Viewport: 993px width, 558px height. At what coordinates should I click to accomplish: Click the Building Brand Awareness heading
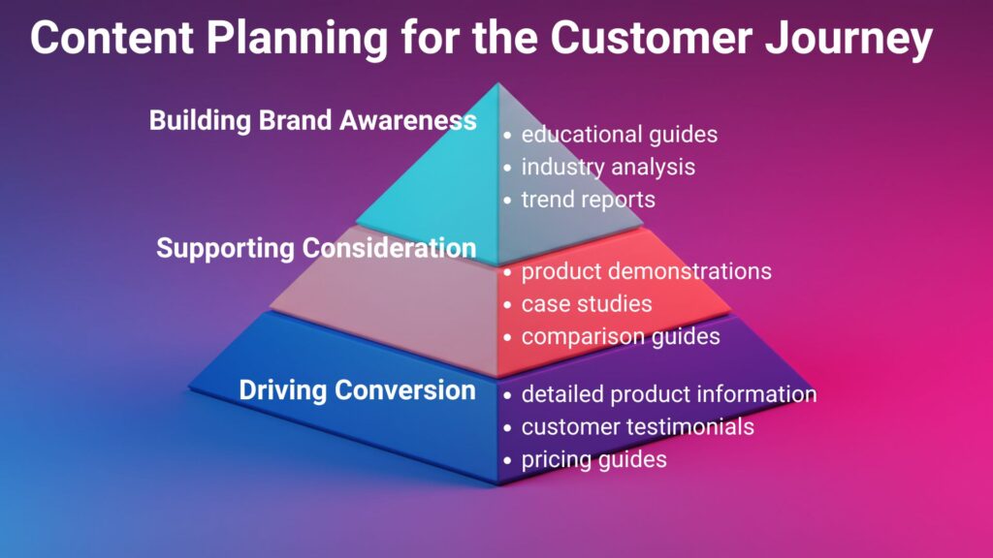312,121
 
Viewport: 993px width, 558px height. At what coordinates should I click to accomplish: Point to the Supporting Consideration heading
316,248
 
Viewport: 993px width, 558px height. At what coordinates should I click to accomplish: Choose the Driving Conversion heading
357,390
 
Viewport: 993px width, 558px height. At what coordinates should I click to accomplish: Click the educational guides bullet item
619,135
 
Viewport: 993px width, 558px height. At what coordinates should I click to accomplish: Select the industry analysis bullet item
608,167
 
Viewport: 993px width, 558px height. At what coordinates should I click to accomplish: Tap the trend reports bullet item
588,200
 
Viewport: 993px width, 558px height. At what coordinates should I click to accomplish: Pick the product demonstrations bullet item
646,271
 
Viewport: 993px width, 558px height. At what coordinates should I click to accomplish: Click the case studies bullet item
587,304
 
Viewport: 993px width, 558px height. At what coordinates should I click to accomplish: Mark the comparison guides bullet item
621,337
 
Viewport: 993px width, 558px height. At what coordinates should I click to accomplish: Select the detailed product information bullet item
668,394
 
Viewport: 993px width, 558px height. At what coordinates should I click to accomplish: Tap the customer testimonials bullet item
637,426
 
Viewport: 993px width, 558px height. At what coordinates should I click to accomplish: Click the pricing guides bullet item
593,459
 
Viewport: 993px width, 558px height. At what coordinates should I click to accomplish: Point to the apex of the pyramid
498,84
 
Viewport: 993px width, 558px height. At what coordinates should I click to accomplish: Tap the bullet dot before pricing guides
507,460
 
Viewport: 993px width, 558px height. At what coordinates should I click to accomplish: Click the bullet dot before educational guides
507,136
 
